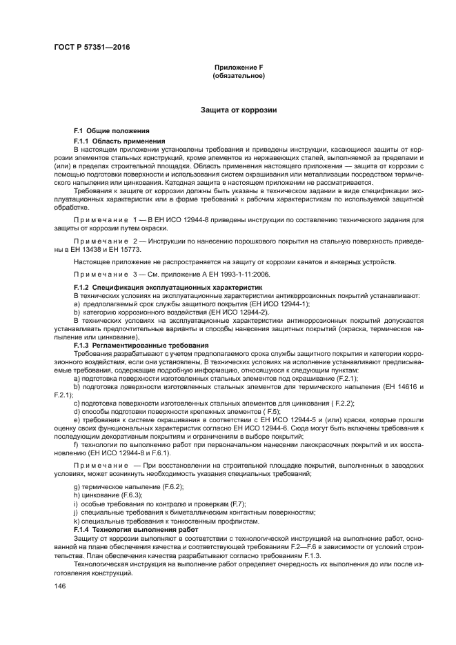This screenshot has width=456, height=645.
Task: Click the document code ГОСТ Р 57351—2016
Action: click(91, 47)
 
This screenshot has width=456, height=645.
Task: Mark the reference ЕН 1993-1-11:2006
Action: click(213, 274)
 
